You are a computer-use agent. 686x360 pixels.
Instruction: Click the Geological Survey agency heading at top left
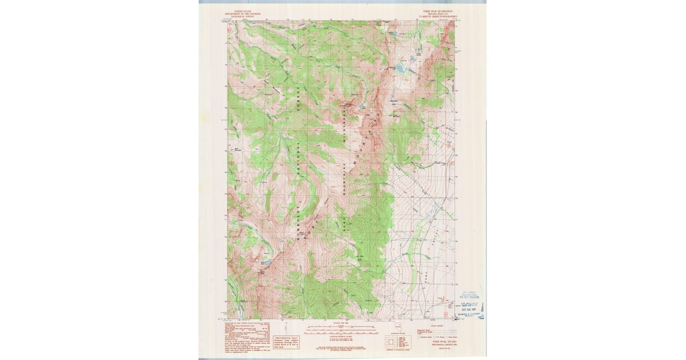tap(242, 15)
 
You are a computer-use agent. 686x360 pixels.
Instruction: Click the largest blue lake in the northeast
tap(399, 69)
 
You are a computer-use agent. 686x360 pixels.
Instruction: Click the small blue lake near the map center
tap(362, 106)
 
